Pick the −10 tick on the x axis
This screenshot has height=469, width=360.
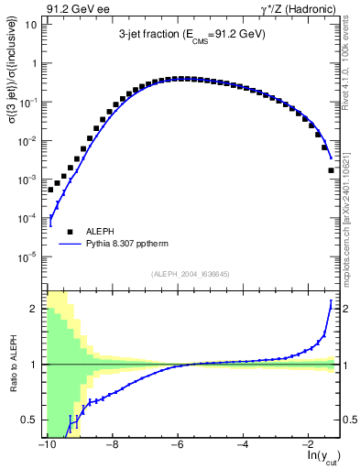(x=46, y=444)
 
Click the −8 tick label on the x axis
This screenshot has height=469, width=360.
(x=112, y=444)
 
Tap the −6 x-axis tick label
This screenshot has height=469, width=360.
(x=177, y=444)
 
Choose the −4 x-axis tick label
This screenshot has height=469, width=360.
(x=243, y=444)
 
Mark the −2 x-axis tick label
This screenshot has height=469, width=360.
(x=309, y=444)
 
